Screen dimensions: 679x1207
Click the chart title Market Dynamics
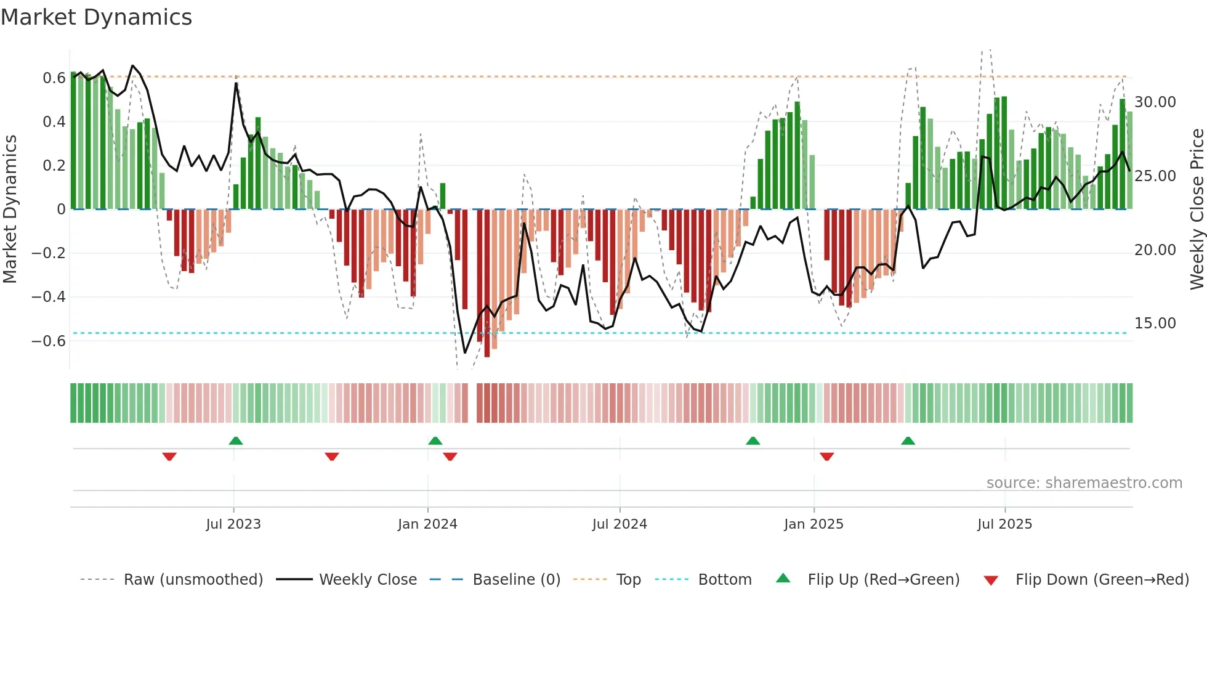coord(97,17)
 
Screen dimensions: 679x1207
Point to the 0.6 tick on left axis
coord(54,78)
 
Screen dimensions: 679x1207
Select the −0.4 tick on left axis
coord(49,297)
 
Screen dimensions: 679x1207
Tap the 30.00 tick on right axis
coord(1155,102)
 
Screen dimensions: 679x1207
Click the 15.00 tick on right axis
coord(1155,323)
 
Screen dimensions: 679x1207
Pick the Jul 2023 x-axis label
coord(233,524)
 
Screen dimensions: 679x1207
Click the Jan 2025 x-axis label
coord(813,524)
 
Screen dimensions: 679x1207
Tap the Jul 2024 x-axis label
coord(620,524)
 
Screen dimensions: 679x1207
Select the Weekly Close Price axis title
coord(1197,209)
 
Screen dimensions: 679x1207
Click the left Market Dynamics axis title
coord(10,209)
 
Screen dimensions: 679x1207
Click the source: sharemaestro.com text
coord(1084,483)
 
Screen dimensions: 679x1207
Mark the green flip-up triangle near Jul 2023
coord(236,441)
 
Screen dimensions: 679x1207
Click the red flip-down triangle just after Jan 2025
coord(827,457)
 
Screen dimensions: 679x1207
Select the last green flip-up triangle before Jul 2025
coord(908,441)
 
